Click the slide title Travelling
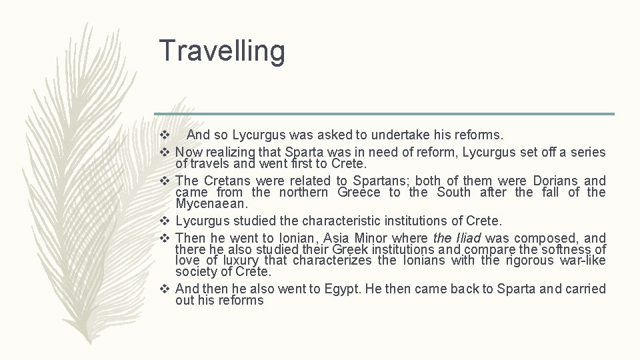tap(222, 51)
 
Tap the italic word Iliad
tap(467, 238)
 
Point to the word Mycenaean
tap(212, 203)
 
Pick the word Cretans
tap(227, 181)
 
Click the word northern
tap(303, 192)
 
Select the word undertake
tap(377, 135)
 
